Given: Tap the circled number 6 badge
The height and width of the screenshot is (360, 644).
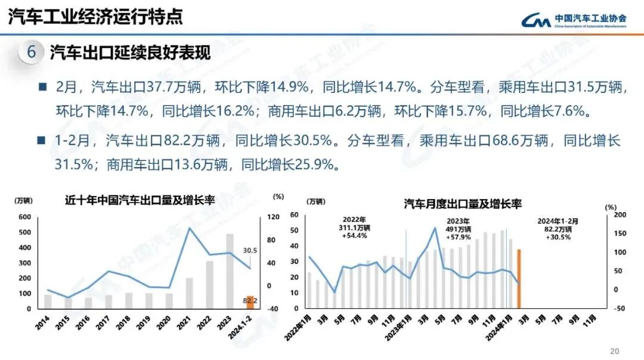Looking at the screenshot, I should pos(32,52).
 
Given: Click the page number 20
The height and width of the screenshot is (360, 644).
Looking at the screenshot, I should pos(615,350).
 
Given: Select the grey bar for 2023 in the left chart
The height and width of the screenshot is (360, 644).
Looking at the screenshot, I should pos(230,271).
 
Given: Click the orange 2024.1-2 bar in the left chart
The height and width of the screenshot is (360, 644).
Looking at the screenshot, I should pos(250,302).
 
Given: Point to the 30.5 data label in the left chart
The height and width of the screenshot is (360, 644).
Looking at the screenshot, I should pos(250,250).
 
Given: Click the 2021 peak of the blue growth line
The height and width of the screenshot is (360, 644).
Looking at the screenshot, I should pos(190,228).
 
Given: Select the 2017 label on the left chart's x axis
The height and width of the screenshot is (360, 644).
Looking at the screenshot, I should pos(107,325).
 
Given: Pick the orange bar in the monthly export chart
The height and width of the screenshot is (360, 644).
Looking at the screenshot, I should pos(519,279).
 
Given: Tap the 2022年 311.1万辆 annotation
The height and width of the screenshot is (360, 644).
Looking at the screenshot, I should pos(354,228).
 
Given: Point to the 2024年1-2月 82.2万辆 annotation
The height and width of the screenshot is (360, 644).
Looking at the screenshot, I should pos(558,229).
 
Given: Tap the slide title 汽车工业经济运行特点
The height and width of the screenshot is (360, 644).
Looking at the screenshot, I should pos(95,16).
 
